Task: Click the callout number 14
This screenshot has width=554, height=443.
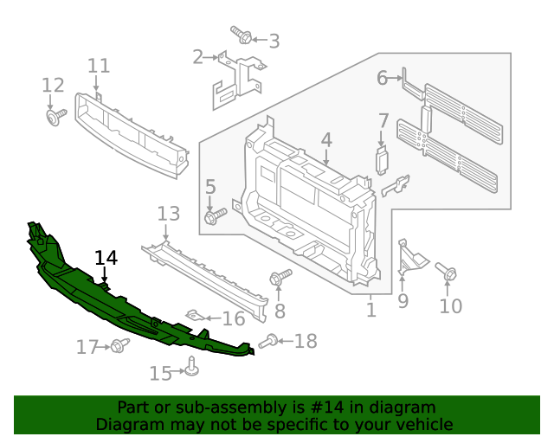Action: tap(106, 257)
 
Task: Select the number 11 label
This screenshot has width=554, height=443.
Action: tap(99, 66)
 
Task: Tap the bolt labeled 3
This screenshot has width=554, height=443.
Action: tap(242, 36)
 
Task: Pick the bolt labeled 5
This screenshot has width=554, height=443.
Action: tap(215, 215)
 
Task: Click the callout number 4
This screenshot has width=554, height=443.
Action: tap(326, 139)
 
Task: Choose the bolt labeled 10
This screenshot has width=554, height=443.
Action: tap(448, 273)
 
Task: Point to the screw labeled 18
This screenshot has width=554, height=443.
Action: tap(269, 342)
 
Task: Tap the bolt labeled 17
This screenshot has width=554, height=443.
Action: tap(119, 346)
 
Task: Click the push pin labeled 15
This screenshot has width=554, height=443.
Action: tap(192, 370)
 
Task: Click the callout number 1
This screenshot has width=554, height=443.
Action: tap(370, 309)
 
